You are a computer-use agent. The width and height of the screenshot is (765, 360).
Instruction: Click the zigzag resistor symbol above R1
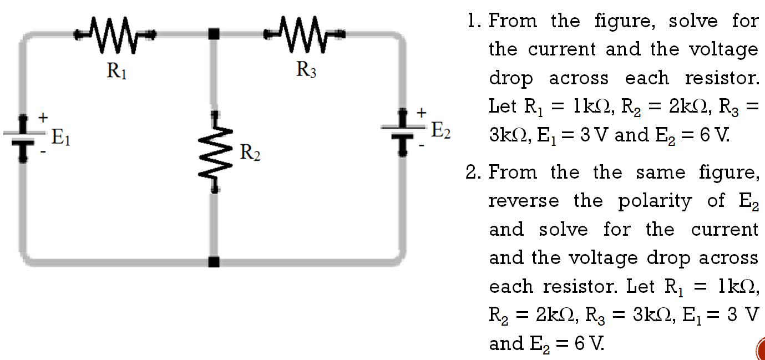coord(115,35)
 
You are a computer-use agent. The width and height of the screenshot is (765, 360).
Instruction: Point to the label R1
coord(116,70)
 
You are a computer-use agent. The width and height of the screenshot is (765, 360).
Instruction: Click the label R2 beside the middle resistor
coord(250,152)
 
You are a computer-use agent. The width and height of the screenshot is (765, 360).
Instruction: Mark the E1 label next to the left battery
coord(61,136)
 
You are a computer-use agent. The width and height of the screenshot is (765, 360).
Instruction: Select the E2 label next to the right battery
coord(441,131)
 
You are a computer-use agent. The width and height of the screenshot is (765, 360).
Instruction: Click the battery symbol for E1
coord(23,137)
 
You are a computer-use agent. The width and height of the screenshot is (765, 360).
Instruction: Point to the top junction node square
coord(214,34)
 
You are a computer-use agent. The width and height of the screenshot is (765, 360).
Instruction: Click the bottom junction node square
coord(214,261)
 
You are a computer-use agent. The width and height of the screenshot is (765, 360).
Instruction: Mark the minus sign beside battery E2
coord(422,145)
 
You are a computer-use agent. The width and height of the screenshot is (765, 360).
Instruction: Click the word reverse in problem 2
coord(524,201)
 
